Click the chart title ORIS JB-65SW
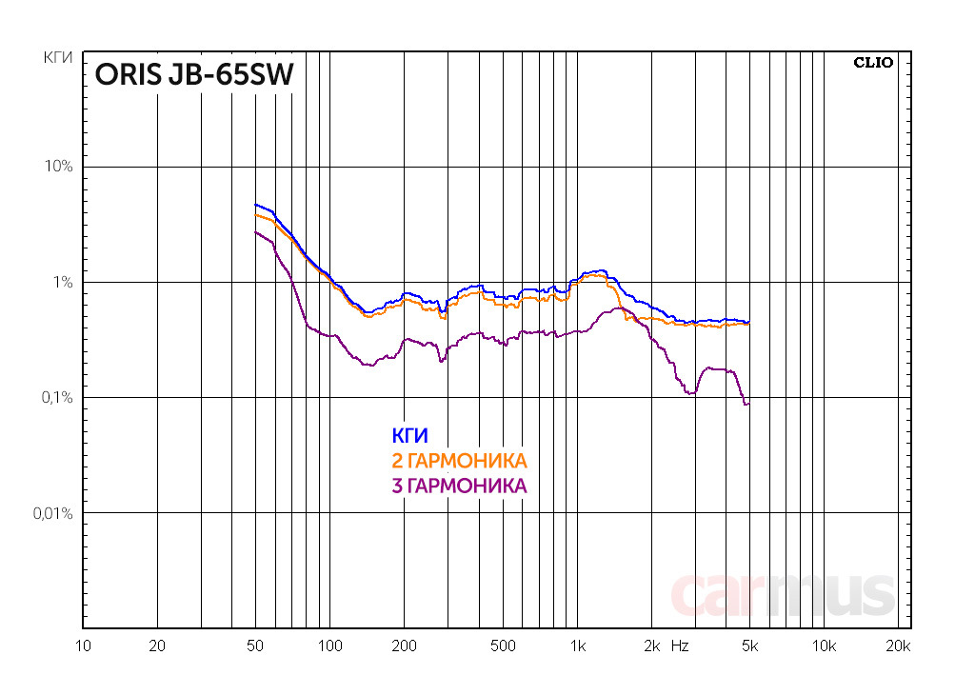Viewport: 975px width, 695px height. [x=192, y=76]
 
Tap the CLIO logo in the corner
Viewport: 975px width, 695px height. [x=872, y=64]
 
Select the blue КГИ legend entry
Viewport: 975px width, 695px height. [x=409, y=436]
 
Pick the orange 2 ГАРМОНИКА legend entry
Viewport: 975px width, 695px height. [x=459, y=461]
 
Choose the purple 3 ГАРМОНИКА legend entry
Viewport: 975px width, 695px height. [x=459, y=486]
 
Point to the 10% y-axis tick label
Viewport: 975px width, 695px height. [x=59, y=167]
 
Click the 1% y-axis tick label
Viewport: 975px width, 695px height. [x=62, y=283]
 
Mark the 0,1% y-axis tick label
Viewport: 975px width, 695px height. [x=56, y=398]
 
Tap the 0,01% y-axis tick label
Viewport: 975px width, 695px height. [x=52, y=513]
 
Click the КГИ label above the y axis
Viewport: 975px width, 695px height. [x=59, y=59]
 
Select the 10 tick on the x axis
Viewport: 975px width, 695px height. [x=83, y=645]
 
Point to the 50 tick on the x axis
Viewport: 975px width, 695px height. [x=254, y=645]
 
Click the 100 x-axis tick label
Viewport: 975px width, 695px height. [x=329, y=645]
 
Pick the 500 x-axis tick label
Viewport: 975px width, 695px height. [x=502, y=645]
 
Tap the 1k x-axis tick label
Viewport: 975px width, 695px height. [x=577, y=645]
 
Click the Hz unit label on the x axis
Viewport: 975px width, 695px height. [x=680, y=645]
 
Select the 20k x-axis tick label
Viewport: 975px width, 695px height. [x=898, y=645]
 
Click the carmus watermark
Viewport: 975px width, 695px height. [x=783, y=595]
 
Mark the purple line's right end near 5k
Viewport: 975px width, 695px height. [x=748, y=405]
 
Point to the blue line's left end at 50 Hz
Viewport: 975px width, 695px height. [x=255, y=204]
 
